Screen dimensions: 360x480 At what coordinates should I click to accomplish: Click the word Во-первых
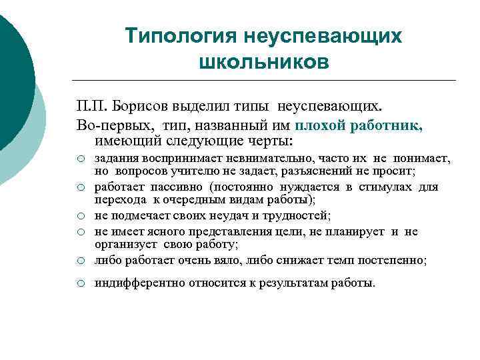106,124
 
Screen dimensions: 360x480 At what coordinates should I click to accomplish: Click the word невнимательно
262,160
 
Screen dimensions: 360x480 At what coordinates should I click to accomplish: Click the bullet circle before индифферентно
80,284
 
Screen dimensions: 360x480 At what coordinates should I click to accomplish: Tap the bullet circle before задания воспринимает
80,160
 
